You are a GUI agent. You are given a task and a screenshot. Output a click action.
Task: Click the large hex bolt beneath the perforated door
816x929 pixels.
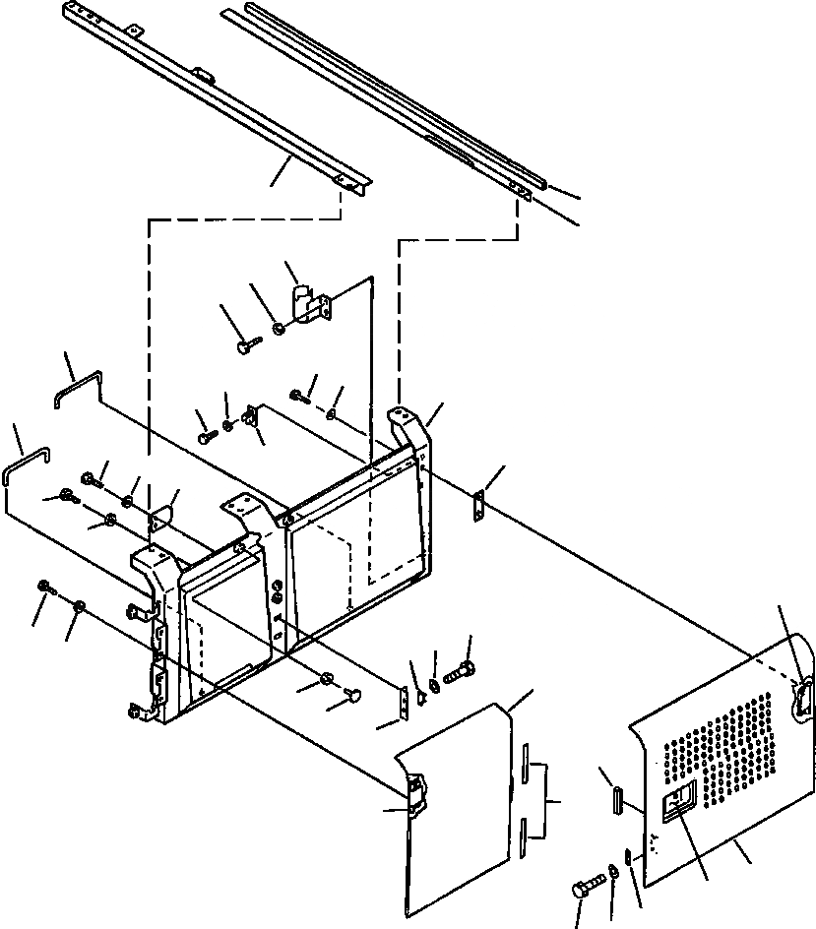pyautogui.click(x=583, y=891)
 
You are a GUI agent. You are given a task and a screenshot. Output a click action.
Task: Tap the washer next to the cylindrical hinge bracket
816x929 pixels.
pyautogui.click(x=280, y=328)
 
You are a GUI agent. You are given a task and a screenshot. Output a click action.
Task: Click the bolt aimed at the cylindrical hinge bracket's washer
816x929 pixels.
pyautogui.click(x=246, y=345)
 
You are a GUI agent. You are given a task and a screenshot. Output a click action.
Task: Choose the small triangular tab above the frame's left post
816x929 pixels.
pyautogui.click(x=160, y=516)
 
